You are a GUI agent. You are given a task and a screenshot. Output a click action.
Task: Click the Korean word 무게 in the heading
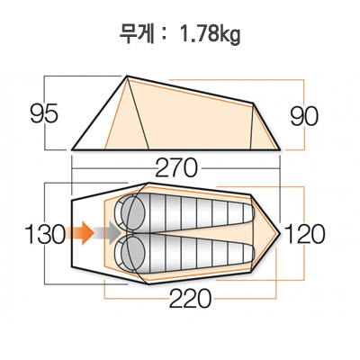(x=137, y=35)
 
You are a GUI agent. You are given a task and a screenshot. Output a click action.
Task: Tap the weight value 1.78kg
(x=211, y=35)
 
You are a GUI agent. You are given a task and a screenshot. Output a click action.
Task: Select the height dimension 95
(x=43, y=114)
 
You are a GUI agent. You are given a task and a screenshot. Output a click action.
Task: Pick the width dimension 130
(x=45, y=235)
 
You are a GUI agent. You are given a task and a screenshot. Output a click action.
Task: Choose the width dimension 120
(x=305, y=235)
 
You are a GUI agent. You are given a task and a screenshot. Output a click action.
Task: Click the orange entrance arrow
(x=82, y=234)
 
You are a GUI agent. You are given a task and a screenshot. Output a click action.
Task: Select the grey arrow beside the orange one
(x=108, y=234)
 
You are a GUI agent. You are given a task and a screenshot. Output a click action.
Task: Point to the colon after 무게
(x=163, y=37)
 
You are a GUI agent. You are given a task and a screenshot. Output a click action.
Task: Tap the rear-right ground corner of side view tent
(x=288, y=148)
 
